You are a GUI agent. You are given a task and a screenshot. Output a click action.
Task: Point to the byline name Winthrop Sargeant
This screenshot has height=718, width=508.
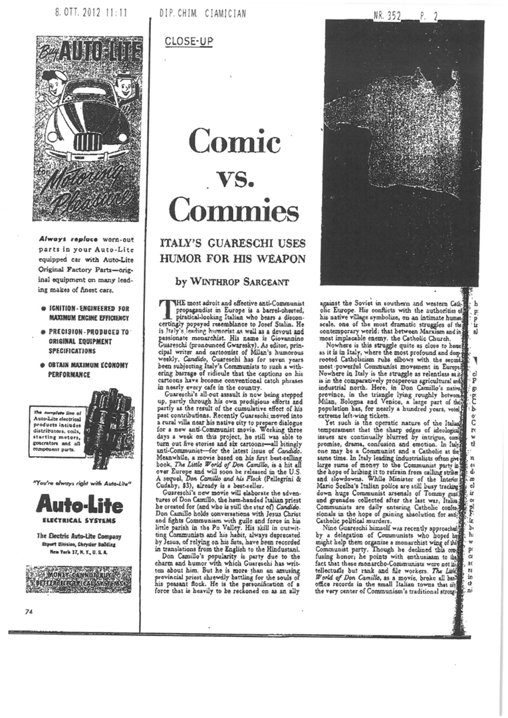pos(233,282)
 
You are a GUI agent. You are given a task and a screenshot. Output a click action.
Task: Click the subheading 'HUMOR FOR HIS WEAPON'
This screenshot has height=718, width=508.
pos(233,259)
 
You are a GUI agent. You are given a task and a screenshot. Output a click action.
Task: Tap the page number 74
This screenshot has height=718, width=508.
pos(29,612)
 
